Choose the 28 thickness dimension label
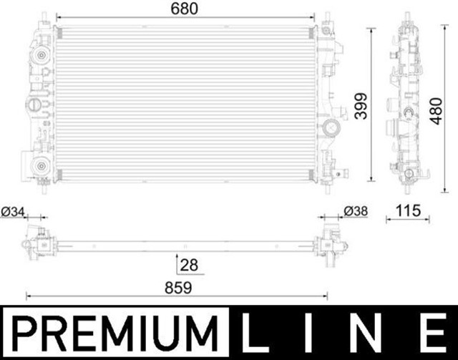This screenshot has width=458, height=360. click(x=189, y=265)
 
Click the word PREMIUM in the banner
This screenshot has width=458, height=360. click(x=117, y=334)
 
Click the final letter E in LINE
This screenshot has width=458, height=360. click(x=433, y=334)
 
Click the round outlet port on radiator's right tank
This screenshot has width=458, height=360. click(x=331, y=129)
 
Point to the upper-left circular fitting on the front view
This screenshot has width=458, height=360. click(x=40, y=57)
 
